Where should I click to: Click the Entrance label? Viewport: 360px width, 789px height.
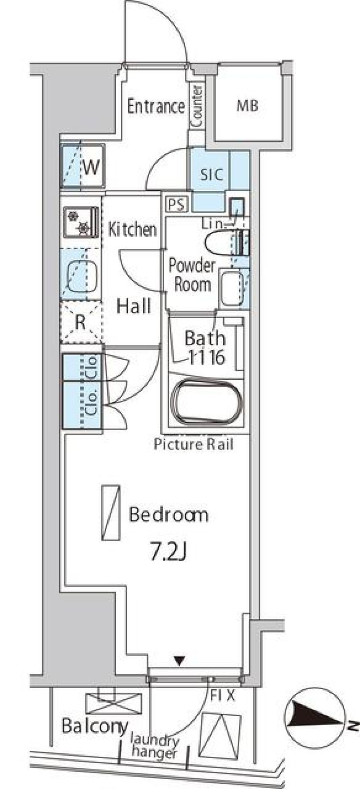[156, 106]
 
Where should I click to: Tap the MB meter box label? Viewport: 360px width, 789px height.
[247, 106]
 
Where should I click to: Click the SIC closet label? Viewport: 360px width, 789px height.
[211, 175]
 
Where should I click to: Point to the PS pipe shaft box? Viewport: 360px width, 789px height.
[176, 205]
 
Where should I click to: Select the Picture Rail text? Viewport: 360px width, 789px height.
[193, 445]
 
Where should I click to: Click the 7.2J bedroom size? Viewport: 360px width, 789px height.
[168, 554]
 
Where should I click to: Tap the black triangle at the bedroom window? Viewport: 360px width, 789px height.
[180, 660]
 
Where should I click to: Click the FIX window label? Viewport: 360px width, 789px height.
[222, 696]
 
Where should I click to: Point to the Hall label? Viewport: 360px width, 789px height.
[133, 306]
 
